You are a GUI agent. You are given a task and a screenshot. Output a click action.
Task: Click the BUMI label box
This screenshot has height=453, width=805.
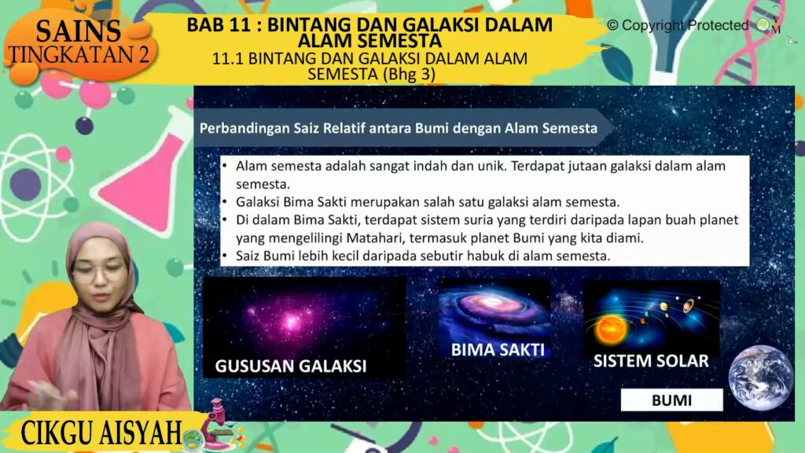pyautogui.click(x=671, y=400)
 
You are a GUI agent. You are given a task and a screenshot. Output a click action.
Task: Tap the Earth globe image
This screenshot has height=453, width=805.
pyautogui.click(x=760, y=377)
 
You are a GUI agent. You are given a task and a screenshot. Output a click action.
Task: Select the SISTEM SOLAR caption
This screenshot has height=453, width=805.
pyautogui.click(x=651, y=361)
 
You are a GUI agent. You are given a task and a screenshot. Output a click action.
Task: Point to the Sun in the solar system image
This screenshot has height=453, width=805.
pyautogui.click(x=611, y=330)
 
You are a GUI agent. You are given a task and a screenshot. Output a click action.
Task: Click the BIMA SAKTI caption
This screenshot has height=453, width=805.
pyautogui.click(x=498, y=350)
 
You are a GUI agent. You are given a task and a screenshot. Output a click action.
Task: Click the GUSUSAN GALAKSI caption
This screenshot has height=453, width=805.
pyautogui.click(x=291, y=366)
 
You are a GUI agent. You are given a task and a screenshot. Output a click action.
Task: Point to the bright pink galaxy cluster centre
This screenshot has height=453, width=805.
pyautogui.click(x=292, y=322)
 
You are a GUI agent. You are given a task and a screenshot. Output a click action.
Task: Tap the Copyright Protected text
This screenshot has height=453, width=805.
pyautogui.click(x=678, y=25)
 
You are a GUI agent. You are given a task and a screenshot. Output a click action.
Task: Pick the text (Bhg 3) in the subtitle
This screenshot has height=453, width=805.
pyautogui.click(x=409, y=75)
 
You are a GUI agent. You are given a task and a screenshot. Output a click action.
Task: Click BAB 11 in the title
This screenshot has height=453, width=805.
pyautogui.click(x=219, y=24)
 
